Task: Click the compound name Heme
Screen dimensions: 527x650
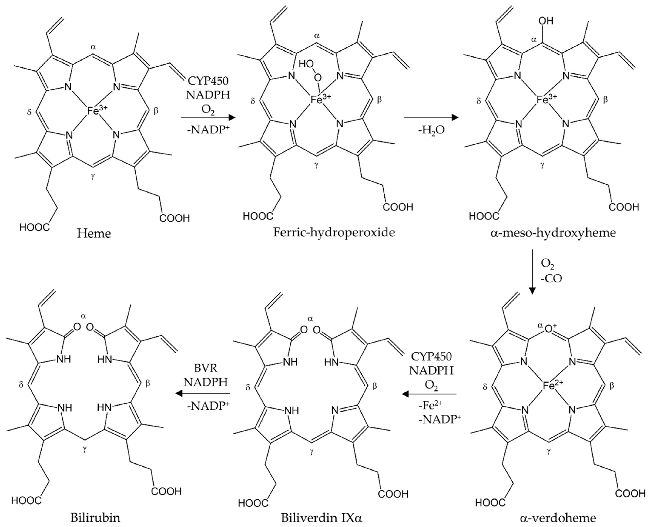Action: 94,233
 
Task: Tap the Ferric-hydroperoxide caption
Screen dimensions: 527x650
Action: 334,233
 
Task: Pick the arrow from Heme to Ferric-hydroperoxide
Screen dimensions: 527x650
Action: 208,117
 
